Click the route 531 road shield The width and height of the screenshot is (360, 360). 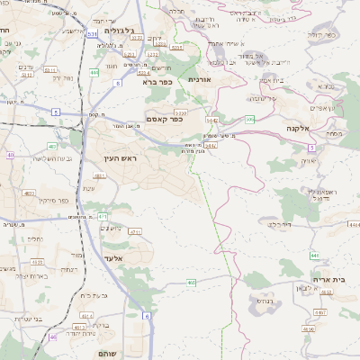[x=94, y=33]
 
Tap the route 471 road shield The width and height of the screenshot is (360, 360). [x=102, y=216]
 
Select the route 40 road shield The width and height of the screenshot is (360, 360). [x=10, y=156]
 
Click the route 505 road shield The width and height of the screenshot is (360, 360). [x=249, y=119]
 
